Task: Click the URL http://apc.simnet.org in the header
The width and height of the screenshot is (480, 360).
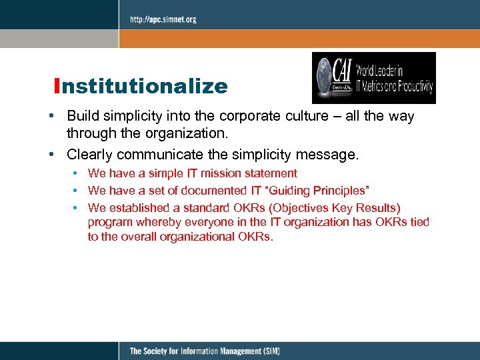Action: [163, 19]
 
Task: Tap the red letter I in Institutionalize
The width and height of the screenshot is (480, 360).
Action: [59, 87]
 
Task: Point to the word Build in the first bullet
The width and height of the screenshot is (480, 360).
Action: [82, 117]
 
